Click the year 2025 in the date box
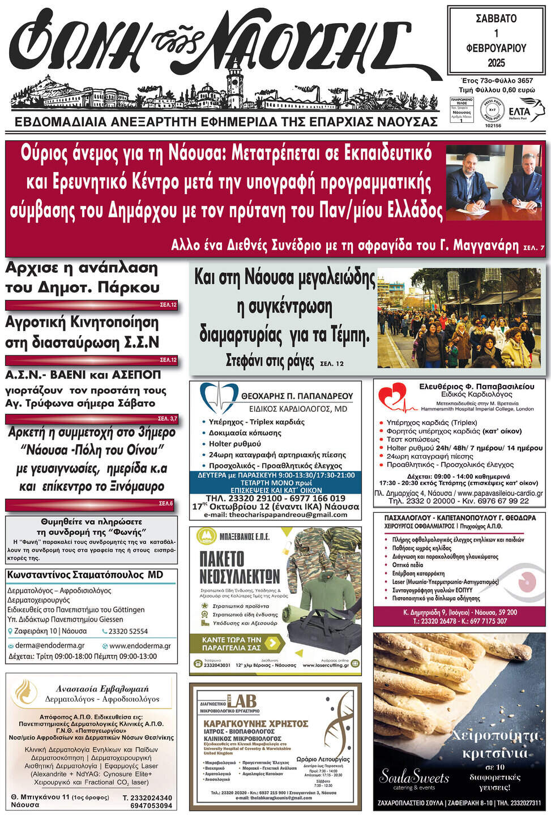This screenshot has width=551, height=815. [x=496, y=62]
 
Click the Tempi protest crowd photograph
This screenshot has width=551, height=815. [x=459, y=318]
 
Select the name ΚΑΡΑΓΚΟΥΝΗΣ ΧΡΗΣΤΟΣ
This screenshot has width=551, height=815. [x=256, y=723]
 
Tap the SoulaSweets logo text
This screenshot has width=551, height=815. [x=414, y=777]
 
